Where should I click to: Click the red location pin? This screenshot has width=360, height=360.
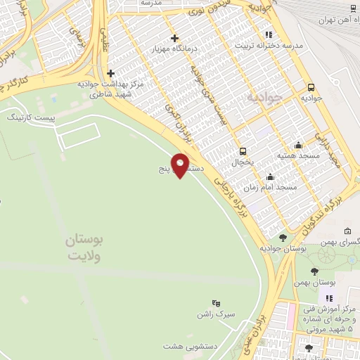(181, 166)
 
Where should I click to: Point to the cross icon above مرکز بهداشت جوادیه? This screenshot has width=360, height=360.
(111, 72)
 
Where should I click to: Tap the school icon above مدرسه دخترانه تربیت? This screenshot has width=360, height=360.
(268, 34)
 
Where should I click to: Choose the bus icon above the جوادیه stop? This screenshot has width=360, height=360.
(311, 88)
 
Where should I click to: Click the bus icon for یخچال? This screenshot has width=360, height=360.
(243, 150)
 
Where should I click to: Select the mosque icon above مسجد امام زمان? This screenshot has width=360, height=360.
(269, 177)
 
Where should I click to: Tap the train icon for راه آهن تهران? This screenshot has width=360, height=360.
(354, 8)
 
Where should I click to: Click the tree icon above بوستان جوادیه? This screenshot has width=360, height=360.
(283, 238)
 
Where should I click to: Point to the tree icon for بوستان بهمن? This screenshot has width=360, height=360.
(314, 271)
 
